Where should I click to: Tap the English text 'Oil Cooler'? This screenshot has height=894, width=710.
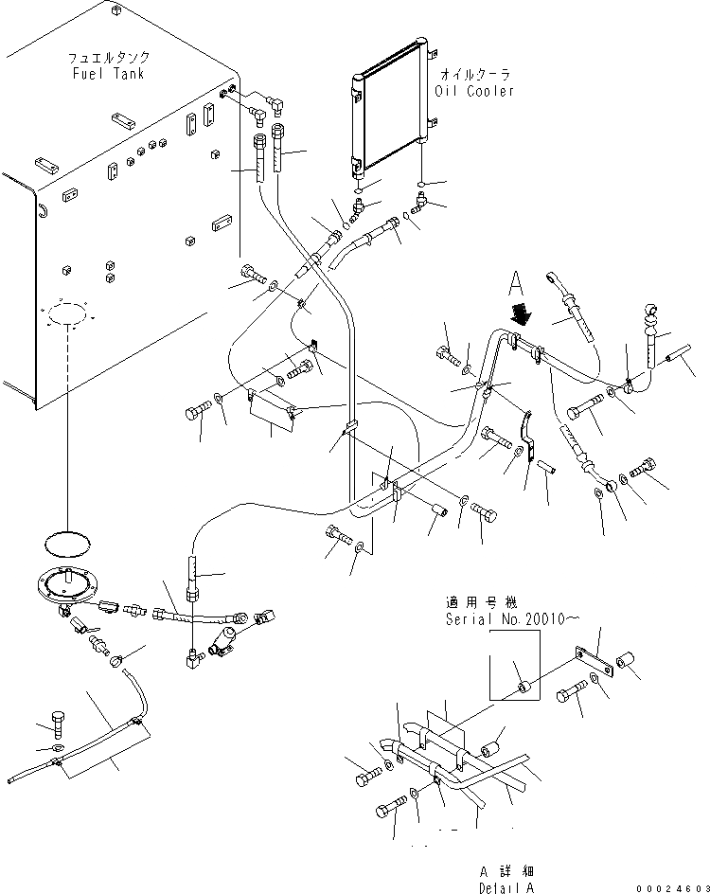(474, 91)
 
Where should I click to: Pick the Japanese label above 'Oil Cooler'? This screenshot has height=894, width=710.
(474, 74)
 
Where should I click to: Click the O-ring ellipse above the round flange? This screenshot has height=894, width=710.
(67, 545)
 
